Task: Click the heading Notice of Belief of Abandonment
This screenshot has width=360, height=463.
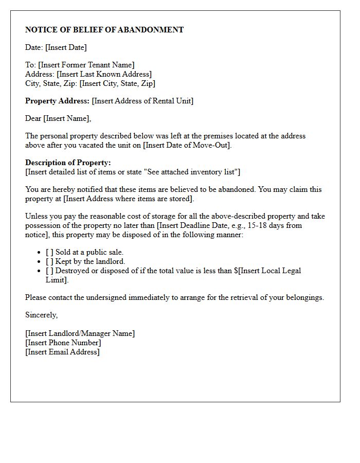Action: [104, 30]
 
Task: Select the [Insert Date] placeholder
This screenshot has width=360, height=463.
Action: [66, 47]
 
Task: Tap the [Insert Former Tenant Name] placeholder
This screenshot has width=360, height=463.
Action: [86, 65]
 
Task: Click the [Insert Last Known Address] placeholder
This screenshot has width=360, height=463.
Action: [104, 74]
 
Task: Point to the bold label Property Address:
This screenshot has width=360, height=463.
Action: [57, 101]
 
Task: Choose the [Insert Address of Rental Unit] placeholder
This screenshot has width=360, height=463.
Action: [142, 101]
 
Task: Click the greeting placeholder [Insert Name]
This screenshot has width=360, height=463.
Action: [66, 118]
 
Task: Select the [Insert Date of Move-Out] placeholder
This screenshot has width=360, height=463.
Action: [187, 145]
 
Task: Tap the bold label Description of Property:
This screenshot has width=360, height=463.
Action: [68, 163]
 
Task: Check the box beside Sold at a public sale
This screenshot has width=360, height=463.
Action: [49, 252]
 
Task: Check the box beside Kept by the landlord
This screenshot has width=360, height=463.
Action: [49, 261]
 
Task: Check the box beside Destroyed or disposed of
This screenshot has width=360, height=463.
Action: [49, 271]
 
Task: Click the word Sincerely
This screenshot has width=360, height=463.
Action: [41, 315]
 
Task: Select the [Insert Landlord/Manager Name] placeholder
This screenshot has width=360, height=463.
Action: [80, 333]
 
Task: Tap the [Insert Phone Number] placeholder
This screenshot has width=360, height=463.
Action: [63, 343]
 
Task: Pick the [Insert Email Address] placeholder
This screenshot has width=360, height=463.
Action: [62, 352]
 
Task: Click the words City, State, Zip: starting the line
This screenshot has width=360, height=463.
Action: [51, 83]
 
